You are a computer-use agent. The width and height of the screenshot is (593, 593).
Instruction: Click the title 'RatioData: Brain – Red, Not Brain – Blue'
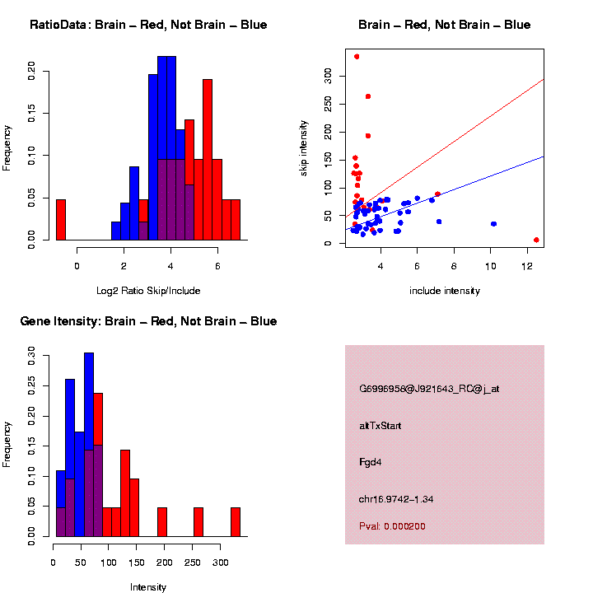[x=148, y=25]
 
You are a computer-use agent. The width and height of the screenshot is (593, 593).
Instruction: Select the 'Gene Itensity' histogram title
[x=148, y=321]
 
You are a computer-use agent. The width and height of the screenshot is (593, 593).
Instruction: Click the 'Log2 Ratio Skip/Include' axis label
[x=148, y=290]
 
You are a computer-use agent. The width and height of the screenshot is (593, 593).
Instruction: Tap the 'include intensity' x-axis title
[x=444, y=290]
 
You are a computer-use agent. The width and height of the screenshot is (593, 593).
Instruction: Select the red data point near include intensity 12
[x=536, y=240]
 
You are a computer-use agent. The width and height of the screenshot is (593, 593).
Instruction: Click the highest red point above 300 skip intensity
[x=357, y=57]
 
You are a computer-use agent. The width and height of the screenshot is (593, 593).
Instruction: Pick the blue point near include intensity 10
[x=493, y=224]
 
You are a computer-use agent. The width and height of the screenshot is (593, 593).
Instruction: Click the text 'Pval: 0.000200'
[x=392, y=526]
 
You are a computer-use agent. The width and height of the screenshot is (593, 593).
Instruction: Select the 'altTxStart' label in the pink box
[x=381, y=426]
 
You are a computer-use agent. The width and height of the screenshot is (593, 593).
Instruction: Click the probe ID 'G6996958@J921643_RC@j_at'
[x=429, y=389]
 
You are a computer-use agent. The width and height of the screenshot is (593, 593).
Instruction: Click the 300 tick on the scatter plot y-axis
[x=328, y=75]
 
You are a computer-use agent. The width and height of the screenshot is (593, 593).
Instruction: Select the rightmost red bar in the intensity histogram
[x=236, y=522]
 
